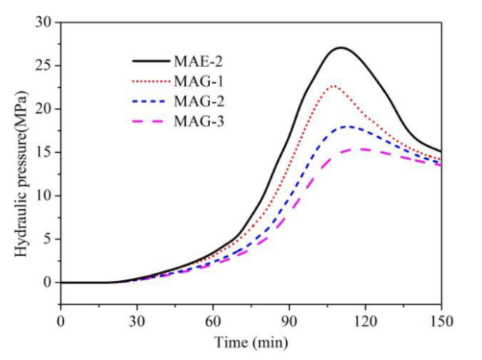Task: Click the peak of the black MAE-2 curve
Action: tap(341, 47)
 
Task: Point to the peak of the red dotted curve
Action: tap(333, 86)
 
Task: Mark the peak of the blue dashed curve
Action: tap(346, 126)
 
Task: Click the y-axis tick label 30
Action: tap(46, 22)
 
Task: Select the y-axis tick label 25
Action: tap(46, 66)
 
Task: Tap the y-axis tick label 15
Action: tap(46, 152)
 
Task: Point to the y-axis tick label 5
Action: tap(49, 239)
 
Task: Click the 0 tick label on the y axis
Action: tap(49, 283)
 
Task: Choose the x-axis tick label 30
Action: tap(137, 319)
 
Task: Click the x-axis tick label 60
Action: tap(213, 319)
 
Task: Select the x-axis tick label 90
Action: tap(289, 319)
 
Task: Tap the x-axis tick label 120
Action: tap(365, 319)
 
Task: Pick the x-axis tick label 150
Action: tap(441, 319)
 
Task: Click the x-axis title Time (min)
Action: tap(251, 341)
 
